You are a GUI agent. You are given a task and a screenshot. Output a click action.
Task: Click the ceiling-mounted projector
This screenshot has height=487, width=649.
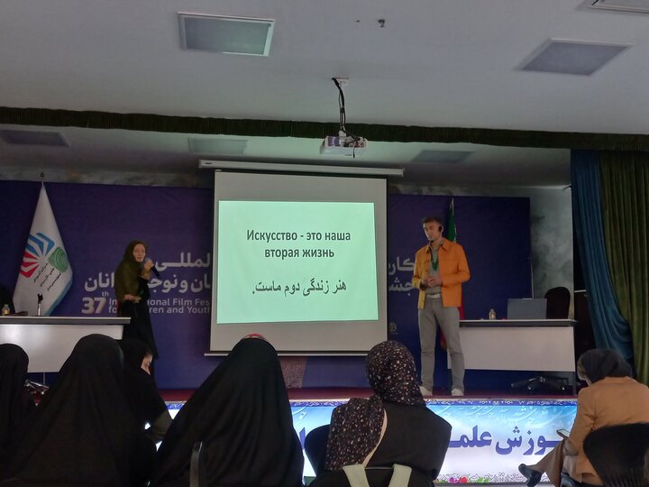(x=343, y=142)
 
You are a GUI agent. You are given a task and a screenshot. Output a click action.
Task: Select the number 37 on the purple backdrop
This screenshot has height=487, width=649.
(x=93, y=305)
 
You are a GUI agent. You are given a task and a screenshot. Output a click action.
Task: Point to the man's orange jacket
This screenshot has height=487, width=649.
(x=441, y=272)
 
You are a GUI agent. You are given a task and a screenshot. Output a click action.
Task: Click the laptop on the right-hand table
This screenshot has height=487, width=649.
(x=526, y=309)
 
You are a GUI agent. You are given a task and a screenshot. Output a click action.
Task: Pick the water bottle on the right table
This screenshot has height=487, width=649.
(x=491, y=314)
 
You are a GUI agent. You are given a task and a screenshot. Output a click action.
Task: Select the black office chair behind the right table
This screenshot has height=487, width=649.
(x=557, y=302)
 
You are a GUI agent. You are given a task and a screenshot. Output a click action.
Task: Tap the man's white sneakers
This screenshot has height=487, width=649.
(x=441, y=391)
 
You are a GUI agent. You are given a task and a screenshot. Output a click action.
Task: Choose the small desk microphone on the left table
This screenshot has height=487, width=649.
(x=39, y=304)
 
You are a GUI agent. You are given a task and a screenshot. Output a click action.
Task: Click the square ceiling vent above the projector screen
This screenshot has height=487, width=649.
(x=225, y=33)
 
